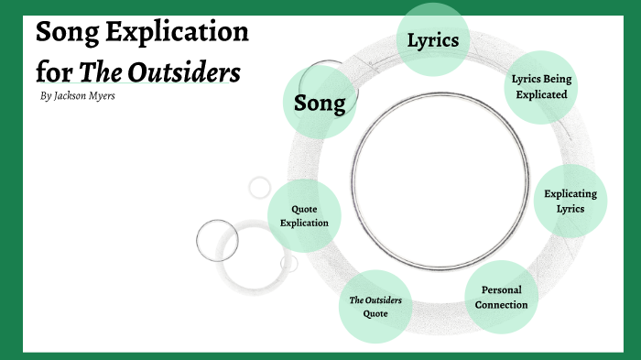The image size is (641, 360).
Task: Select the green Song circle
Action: coord(320,103)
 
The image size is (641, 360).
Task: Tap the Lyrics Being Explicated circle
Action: coord(539,86)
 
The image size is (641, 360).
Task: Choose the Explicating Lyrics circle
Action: coord(570,201)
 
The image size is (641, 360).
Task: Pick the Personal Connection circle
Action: coord(501,297)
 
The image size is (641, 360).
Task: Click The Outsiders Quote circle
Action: coord(375,306)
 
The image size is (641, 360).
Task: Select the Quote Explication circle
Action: coord(304,216)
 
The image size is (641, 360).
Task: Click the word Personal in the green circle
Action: coord(501,289)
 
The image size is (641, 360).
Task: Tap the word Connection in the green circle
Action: coord(501,304)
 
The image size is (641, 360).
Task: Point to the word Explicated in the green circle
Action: coord(539,93)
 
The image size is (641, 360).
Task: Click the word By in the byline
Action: coord(47,95)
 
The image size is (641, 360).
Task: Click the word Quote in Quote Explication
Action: coord(304,209)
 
